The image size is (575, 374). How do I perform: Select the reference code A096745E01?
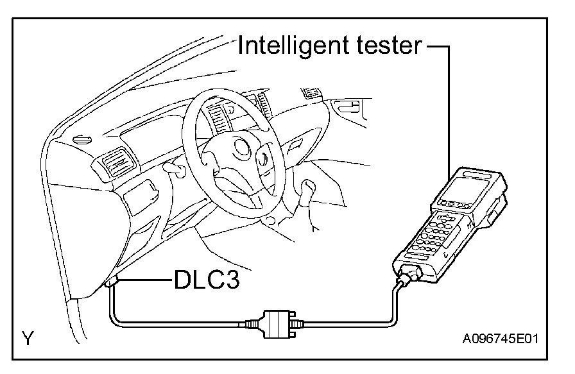click(499, 338)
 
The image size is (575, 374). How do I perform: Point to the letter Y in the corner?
click(28, 338)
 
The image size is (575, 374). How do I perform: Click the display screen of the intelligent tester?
click(469, 190)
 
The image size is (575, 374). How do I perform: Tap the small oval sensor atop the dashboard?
click(81, 139)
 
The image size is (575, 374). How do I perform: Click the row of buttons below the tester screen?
click(453, 206)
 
